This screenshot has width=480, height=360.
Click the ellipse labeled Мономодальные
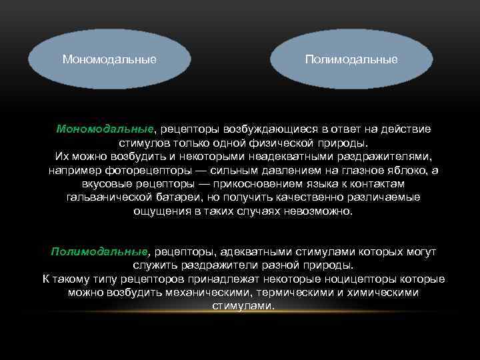109,59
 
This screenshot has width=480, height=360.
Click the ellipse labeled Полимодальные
351,59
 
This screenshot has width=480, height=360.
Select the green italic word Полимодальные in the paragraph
99,251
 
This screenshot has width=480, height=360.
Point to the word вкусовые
105,184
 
